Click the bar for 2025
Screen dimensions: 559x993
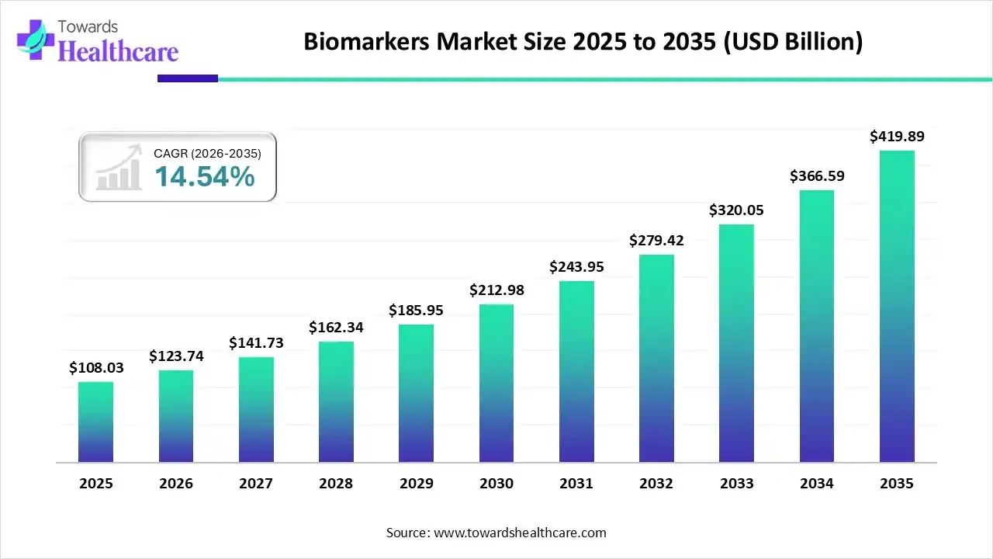click(x=95, y=422)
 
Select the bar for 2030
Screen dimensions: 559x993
click(x=496, y=384)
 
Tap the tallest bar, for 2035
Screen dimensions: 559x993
click(x=897, y=307)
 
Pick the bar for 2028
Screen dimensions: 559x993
click(x=336, y=402)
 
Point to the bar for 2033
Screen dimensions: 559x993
click(x=736, y=344)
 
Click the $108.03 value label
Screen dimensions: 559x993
click(x=95, y=367)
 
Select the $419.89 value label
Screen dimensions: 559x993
click(x=897, y=137)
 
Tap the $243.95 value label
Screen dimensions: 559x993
click(x=576, y=267)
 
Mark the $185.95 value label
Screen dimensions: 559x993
click(x=416, y=311)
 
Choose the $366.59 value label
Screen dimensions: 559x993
click(x=817, y=176)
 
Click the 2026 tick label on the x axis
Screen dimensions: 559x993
click(x=175, y=484)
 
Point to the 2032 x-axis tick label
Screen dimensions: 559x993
click(x=656, y=484)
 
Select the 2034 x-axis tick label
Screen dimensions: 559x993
click(x=817, y=484)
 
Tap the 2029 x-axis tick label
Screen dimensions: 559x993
click(x=416, y=484)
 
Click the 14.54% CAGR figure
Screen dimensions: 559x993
click(x=204, y=177)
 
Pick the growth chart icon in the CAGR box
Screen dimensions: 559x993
click(x=118, y=168)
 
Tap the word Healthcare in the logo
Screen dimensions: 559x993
click(x=118, y=51)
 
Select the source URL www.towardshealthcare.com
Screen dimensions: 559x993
click(x=518, y=533)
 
